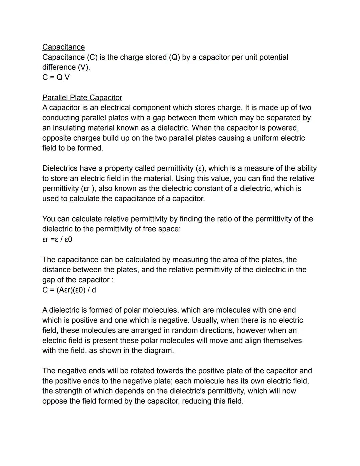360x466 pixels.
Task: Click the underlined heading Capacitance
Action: pos(63,47)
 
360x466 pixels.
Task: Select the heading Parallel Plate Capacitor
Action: pos(82,98)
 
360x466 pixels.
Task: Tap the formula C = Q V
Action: pos(56,77)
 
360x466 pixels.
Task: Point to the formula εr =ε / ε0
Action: pos(57,239)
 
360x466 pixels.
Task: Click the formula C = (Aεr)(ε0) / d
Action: pos(69,290)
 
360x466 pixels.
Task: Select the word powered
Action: pos(284,128)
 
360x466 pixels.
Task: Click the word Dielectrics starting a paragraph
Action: pos(60,168)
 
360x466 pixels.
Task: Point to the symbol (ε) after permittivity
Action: pos(199,168)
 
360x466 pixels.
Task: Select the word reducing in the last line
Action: pos(196,401)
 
